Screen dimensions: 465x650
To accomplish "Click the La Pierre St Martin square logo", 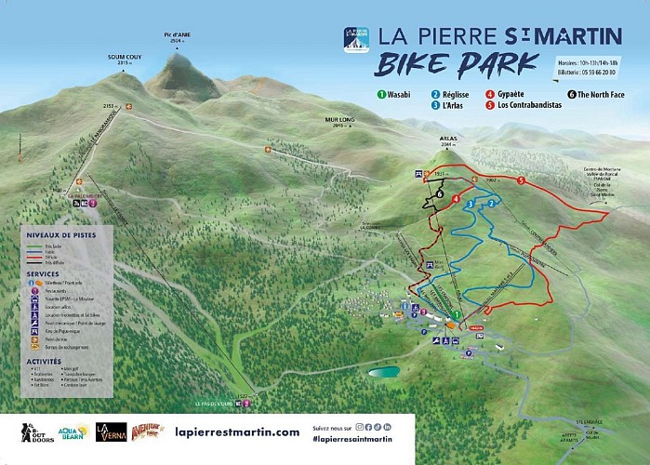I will point(355,38).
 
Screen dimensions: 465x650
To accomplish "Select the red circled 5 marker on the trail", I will point(521,179).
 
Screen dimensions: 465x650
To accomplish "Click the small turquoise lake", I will point(383,372).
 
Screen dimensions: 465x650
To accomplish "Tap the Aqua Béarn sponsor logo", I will point(74,432).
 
